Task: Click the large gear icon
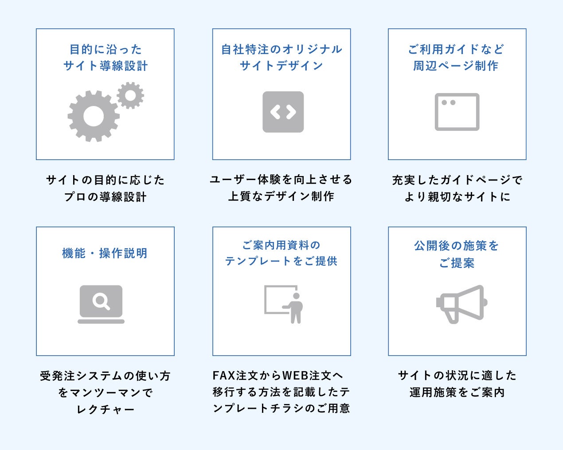[94, 116]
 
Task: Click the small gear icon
[130, 95]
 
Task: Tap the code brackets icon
[283, 112]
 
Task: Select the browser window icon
[457, 112]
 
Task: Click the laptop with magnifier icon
[101, 304]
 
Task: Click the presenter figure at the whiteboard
[295, 307]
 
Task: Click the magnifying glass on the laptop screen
[102, 301]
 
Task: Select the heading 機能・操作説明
[105, 253]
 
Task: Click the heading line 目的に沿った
[106, 49]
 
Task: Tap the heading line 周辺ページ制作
[456, 66]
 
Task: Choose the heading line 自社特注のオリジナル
[281, 49]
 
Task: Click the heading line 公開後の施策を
[457, 246]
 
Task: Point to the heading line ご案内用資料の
[281, 245]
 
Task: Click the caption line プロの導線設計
[105, 197]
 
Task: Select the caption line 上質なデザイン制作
[281, 196]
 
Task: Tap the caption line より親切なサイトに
[457, 197]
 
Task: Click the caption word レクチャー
[106, 409]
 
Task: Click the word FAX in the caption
[224, 376]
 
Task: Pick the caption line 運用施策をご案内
[457, 392]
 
